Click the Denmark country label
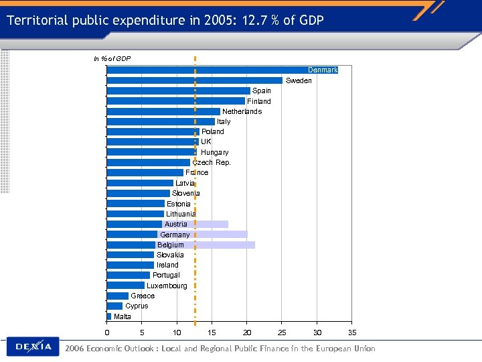coord(323,70)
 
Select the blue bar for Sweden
coord(194,80)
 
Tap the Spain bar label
coord(262,90)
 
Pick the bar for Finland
coord(175,101)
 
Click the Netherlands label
coord(242,111)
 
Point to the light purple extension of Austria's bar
coord(213,224)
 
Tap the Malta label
coord(123,316)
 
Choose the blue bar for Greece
coord(118,296)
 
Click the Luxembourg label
coord(167,286)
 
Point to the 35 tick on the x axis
coord(352,333)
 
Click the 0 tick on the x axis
coord(107,333)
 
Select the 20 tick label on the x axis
coord(247,333)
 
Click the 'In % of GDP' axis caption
coord(112,59)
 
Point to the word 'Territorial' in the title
coord(37,20)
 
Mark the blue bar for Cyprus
coord(114,306)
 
